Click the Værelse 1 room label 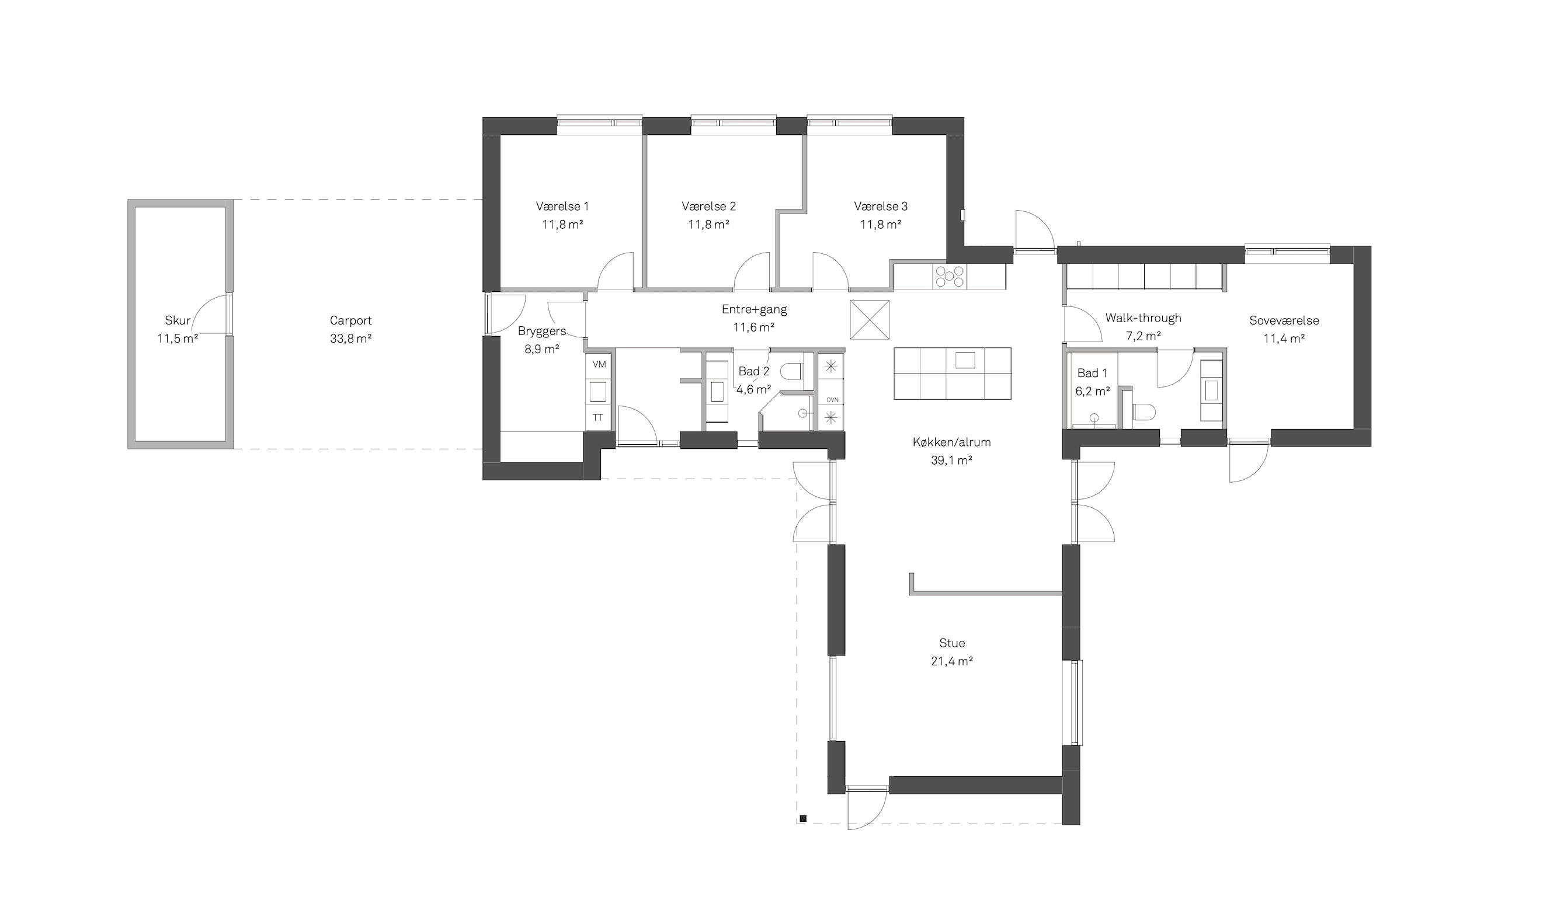(562, 206)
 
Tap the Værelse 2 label (708, 206)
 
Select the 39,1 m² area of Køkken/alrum (951, 460)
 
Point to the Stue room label (951, 643)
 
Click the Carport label (350, 320)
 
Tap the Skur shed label (178, 320)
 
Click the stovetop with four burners (950, 276)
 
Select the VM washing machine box (599, 364)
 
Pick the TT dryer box (598, 417)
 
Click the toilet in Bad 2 (793, 371)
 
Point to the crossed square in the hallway (870, 320)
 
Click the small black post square (802, 819)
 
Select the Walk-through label (1143, 318)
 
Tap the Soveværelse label (1284, 320)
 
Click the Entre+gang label (755, 309)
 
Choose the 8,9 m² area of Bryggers (542, 349)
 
